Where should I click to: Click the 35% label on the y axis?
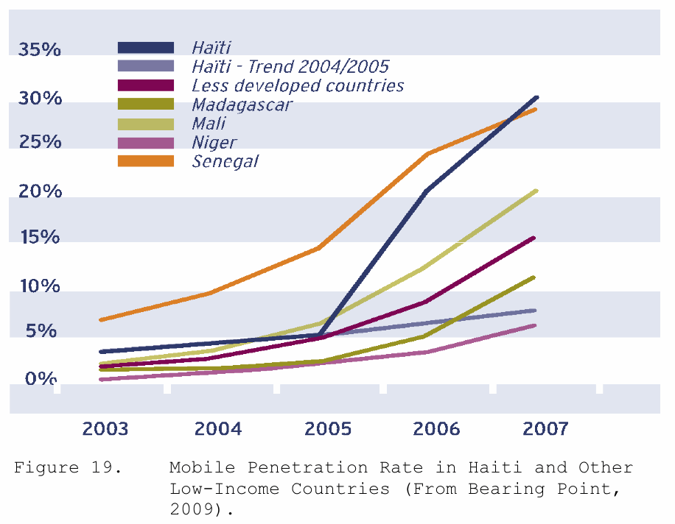(40, 50)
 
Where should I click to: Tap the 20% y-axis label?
(40, 191)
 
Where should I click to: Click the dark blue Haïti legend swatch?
(146, 48)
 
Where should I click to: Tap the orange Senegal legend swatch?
(146, 160)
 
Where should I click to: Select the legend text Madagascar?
(242, 105)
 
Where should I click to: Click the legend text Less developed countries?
(298, 85)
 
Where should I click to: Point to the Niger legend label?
(214, 142)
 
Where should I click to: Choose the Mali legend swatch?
(146, 123)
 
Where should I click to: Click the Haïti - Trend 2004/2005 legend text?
(290, 66)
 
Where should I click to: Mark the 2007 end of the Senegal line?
(535, 110)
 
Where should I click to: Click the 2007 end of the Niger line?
(535, 325)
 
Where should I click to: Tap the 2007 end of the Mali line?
(535, 191)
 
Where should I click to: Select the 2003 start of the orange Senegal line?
(101, 319)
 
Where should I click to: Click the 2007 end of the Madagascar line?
(535, 277)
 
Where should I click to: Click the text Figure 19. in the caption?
(67, 468)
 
